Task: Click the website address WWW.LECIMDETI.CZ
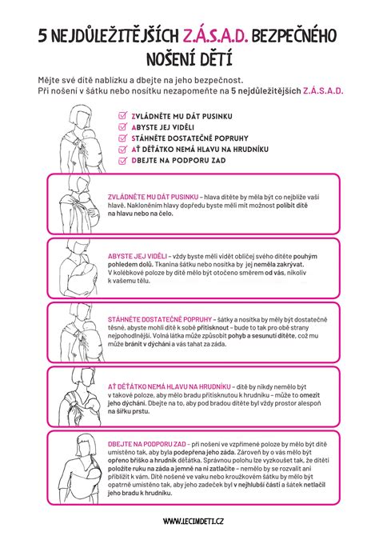189,521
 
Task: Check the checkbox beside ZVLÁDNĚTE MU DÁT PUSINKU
122,114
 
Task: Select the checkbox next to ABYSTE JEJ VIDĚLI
122,126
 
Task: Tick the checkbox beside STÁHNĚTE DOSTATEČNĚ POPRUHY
122,137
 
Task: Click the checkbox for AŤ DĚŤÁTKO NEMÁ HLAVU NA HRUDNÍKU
122,148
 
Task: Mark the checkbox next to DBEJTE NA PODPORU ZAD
122,159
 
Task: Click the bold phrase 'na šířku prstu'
129,413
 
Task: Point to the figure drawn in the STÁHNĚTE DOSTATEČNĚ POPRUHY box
80,336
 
